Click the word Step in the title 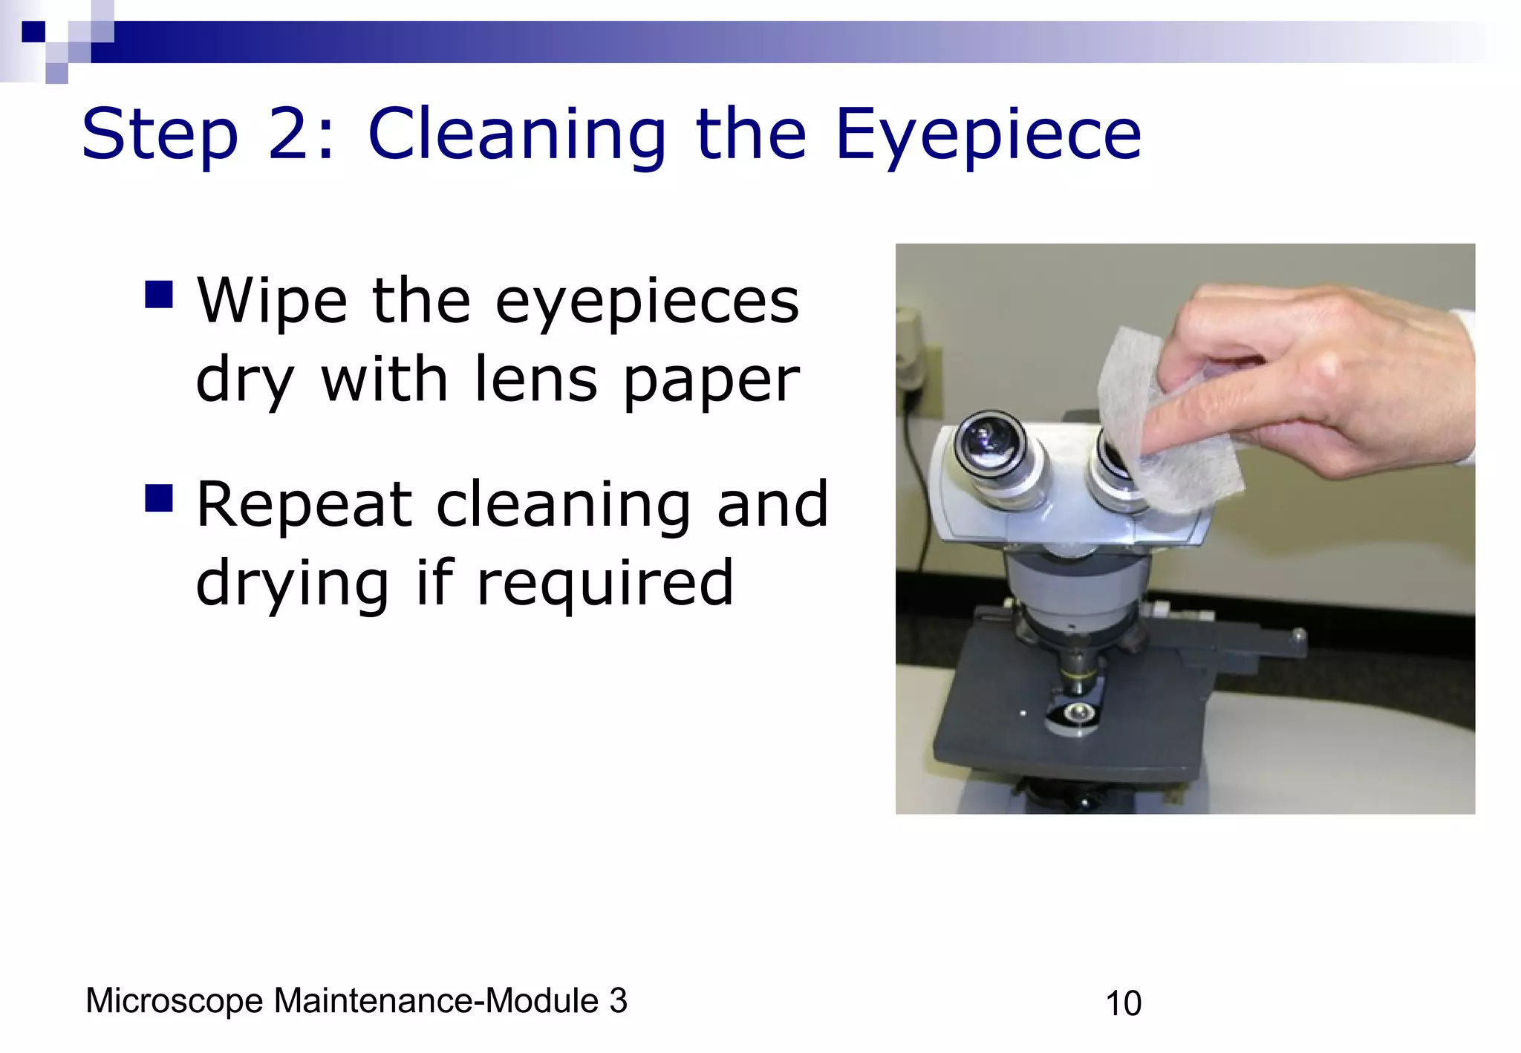pos(160,135)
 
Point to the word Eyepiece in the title pos(988,135)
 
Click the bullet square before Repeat pos(159,498)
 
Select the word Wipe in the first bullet pos(272,301)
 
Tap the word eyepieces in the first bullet pos(647,303)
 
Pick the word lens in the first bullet pos(535,379)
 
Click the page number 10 pos(1123,1003)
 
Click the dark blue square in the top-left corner pos(33,31)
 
